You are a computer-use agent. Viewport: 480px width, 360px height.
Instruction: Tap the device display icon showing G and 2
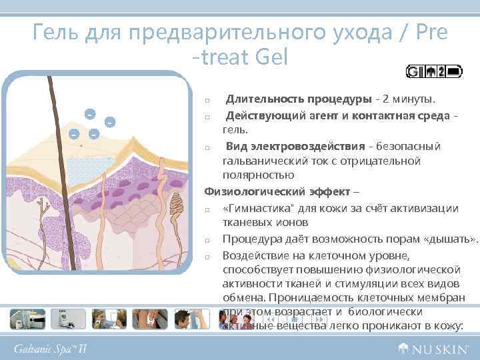pyautogui.click(x=434, y=71)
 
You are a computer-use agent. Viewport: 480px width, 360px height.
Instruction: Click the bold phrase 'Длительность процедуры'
pyautogui.click(x=298, y=100)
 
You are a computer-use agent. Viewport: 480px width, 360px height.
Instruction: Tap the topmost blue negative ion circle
pyautogui.click(x=89, y=113)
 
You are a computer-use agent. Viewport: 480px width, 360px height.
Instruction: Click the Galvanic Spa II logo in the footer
pyautogui.click(x=50, y=349)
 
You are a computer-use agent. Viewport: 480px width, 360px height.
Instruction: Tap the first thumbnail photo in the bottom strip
pyautogui.click(x=27, y=319)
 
